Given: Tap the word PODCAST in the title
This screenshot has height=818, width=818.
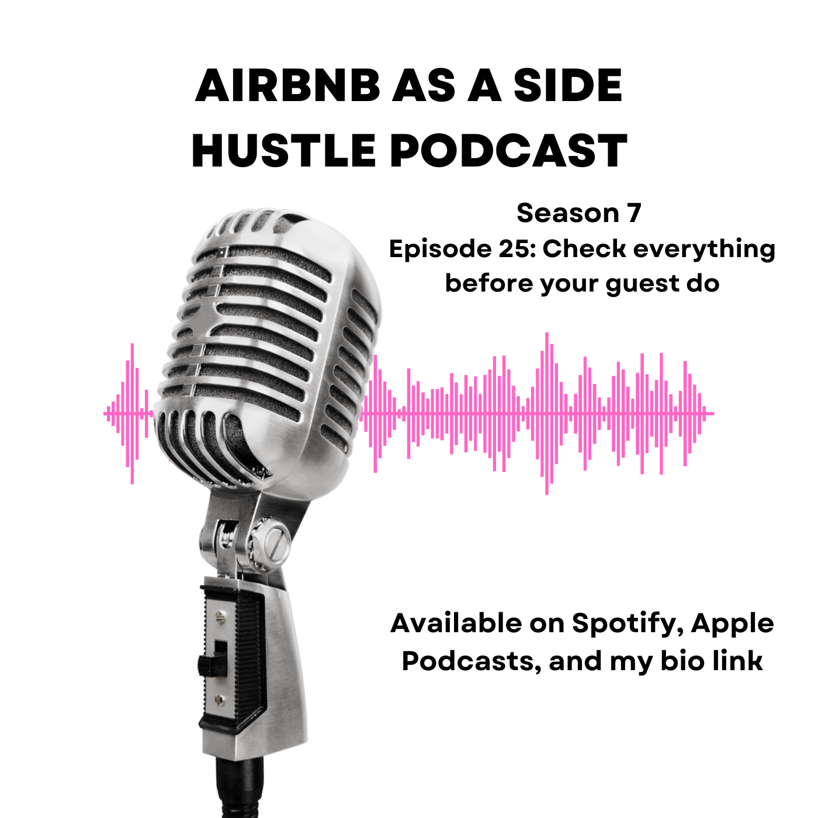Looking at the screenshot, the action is [x=508, y=151].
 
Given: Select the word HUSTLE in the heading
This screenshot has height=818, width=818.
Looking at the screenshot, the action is [x=283, y=151].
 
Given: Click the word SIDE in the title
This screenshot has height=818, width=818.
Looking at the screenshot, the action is [x=567, y=86].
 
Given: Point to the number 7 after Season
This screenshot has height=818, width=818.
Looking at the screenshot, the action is [x=633, y=213].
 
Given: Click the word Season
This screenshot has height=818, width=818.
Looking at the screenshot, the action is [x=568, y=213].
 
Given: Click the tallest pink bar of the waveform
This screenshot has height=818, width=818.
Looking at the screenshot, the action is [x=547, y=414].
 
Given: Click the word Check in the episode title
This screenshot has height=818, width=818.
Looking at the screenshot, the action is [x=584, y=248].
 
